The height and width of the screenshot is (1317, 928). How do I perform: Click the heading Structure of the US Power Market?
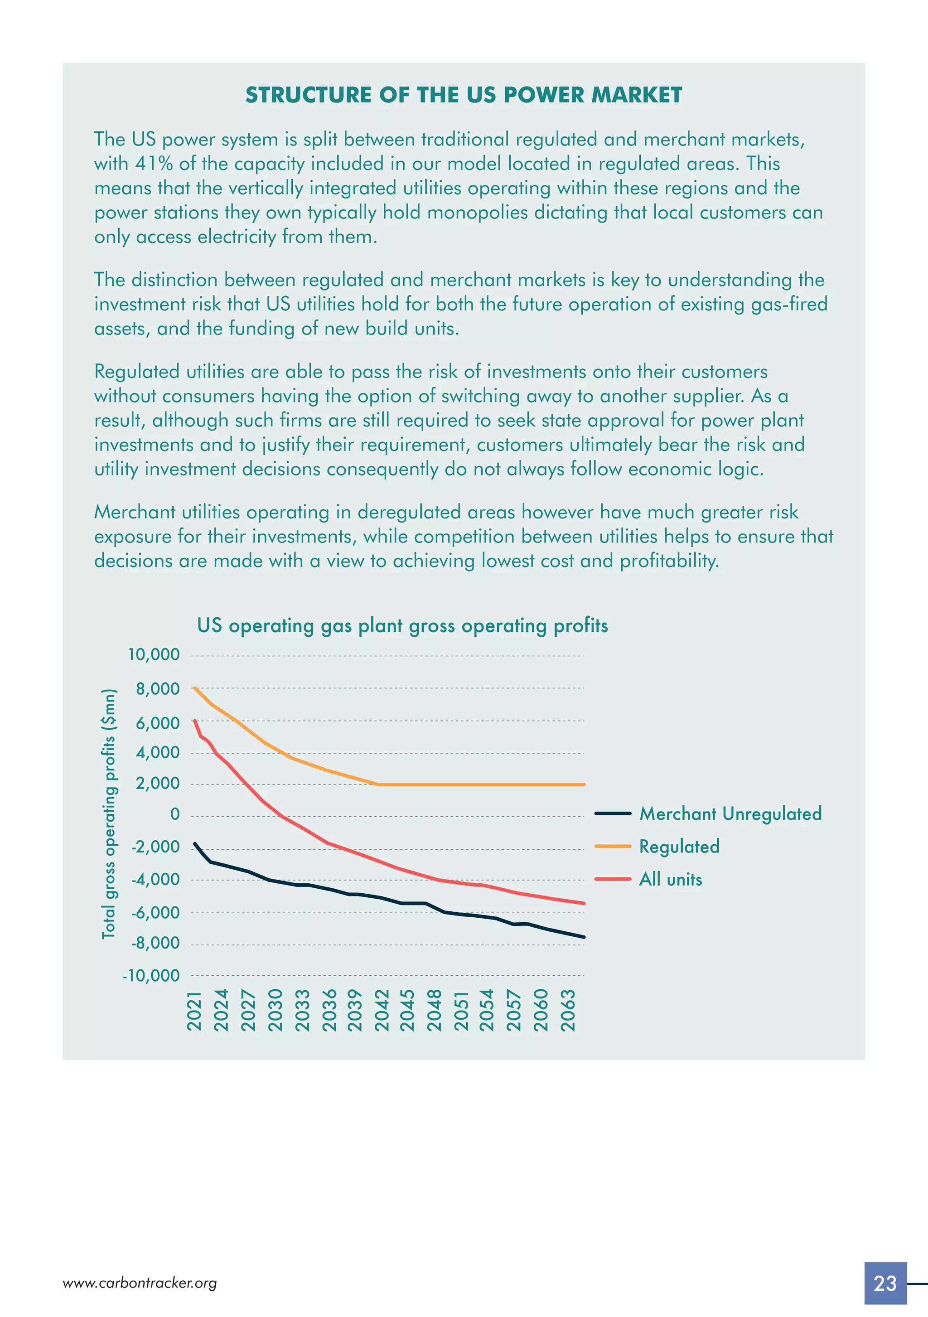464,95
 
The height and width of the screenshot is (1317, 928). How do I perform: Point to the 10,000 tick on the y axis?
154,654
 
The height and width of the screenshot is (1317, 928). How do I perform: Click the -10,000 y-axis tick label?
151,976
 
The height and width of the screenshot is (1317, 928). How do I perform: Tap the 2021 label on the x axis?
195,1011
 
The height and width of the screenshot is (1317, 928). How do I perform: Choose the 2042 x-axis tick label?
382,1011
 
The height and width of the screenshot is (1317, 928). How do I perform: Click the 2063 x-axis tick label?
567,1011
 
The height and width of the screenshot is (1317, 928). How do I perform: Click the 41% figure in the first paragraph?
154,164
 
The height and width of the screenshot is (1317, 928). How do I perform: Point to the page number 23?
885,1283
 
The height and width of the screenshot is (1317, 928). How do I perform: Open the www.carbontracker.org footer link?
140,1283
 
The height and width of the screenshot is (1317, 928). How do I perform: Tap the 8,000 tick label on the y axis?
158,689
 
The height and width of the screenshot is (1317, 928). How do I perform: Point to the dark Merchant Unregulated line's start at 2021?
195,844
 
